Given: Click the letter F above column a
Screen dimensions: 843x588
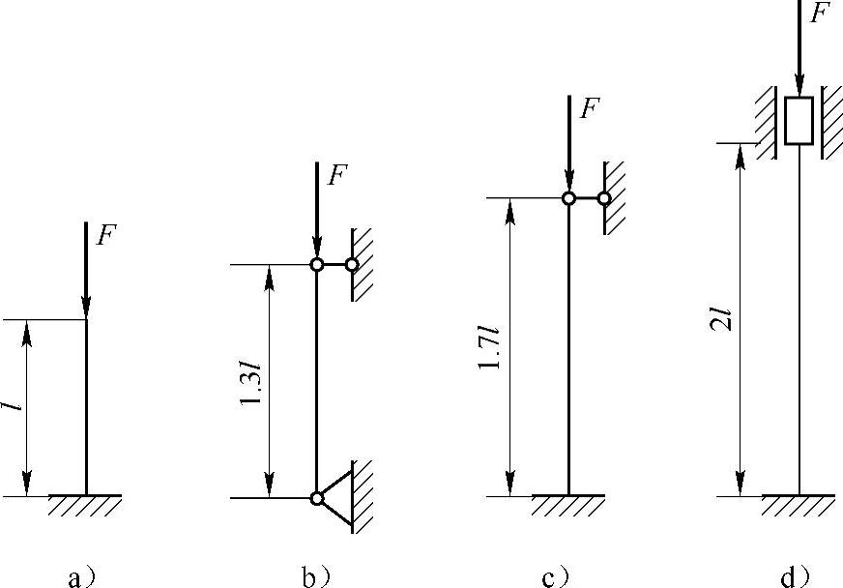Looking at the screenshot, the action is click(x=106, y=235).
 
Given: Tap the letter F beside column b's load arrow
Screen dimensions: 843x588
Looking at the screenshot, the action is click(x=337, y=175).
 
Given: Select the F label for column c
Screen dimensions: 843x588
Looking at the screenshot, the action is click(x=590, y=108).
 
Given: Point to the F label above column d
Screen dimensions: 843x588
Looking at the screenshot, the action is click(x=820, y=13).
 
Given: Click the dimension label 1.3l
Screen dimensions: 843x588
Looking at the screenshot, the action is click(x=251, y=383).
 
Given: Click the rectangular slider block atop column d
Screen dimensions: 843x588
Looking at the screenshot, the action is click(x=799, y=121).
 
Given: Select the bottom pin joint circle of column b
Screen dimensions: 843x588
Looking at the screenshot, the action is click(x=317, y=498).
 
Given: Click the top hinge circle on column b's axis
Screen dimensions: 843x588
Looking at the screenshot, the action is click(x=317, y=264).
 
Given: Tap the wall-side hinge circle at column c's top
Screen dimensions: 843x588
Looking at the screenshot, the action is click(x=604, y=198).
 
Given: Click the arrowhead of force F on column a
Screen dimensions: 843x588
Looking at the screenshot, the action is click(x=86, y=308).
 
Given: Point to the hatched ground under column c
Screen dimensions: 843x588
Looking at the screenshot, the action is click(x=568, y=505).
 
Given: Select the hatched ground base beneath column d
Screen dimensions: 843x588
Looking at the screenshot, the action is click(x=799, y=505).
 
